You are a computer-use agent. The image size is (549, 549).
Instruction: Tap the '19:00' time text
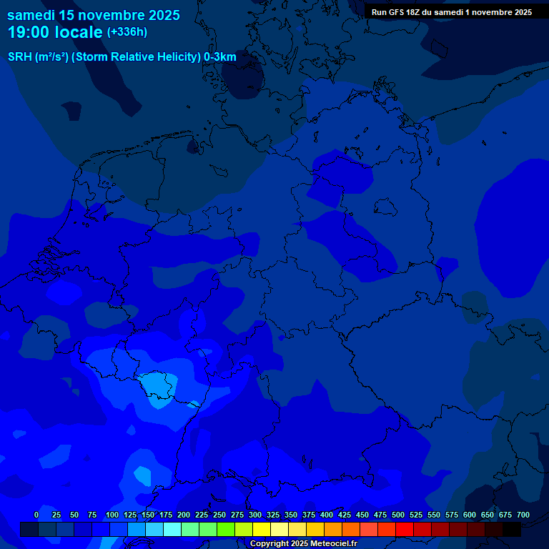pyautogui.click(x=29, y=32)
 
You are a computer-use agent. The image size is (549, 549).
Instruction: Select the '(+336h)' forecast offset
pyautogui.click(x=127, y=32)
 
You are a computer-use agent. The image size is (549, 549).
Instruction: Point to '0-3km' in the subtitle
pyautogui.click(x=220, y=56)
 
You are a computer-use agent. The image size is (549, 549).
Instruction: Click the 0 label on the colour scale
pyautogui.click(x=36, y=515)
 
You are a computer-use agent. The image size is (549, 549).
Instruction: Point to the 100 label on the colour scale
pyautogui.click(x=112, y=515)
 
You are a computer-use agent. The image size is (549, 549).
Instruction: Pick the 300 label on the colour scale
pyautogui.click(x=255, y=515)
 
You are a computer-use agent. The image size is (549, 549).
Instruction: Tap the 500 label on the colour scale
pyautogui.click(x=398, y=515)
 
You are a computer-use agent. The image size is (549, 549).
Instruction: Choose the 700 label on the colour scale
pyautogui.click(x=523, y=515)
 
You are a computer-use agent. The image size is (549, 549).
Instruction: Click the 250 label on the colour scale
pyautogui.click(x=219, y=515)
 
